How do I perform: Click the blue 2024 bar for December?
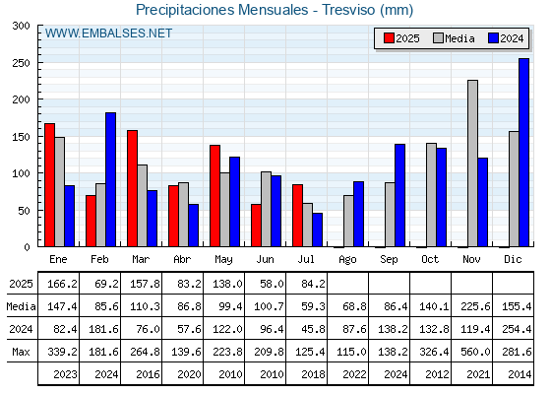pyautogui.click(x=523, y=153)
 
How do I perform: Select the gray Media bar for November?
pyautogui.click(x=472, y=164)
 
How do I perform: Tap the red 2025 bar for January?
pyautogui.click(x=49, y=185)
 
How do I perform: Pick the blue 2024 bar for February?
pyautogui.click(x=110, y=179)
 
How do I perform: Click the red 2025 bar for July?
pyautogui.click(x=297, y=216)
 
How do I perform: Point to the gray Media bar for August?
pyautogui.click(x=348, y=221)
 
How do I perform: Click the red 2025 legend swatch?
pyautogui.click(x=389, y=38)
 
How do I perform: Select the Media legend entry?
pyautogui.click(x=454, y=38)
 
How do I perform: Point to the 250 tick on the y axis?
pyautogui.click(x=39, y=63)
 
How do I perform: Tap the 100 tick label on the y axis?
pyautogui.click(x=21, y=173)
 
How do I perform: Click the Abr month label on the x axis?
pyautogui.click(x=182, y=259)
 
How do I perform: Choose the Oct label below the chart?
pyautogui.click(x=430, y=259)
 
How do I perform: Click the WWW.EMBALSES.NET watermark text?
pyautogui.click(x=108, y=33)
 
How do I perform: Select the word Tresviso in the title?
pyautogui.click(x=348, y=10)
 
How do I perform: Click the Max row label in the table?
pyautogui.click(x=21, y=352)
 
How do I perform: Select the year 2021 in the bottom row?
pyautogui.click(x=478, y=374)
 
